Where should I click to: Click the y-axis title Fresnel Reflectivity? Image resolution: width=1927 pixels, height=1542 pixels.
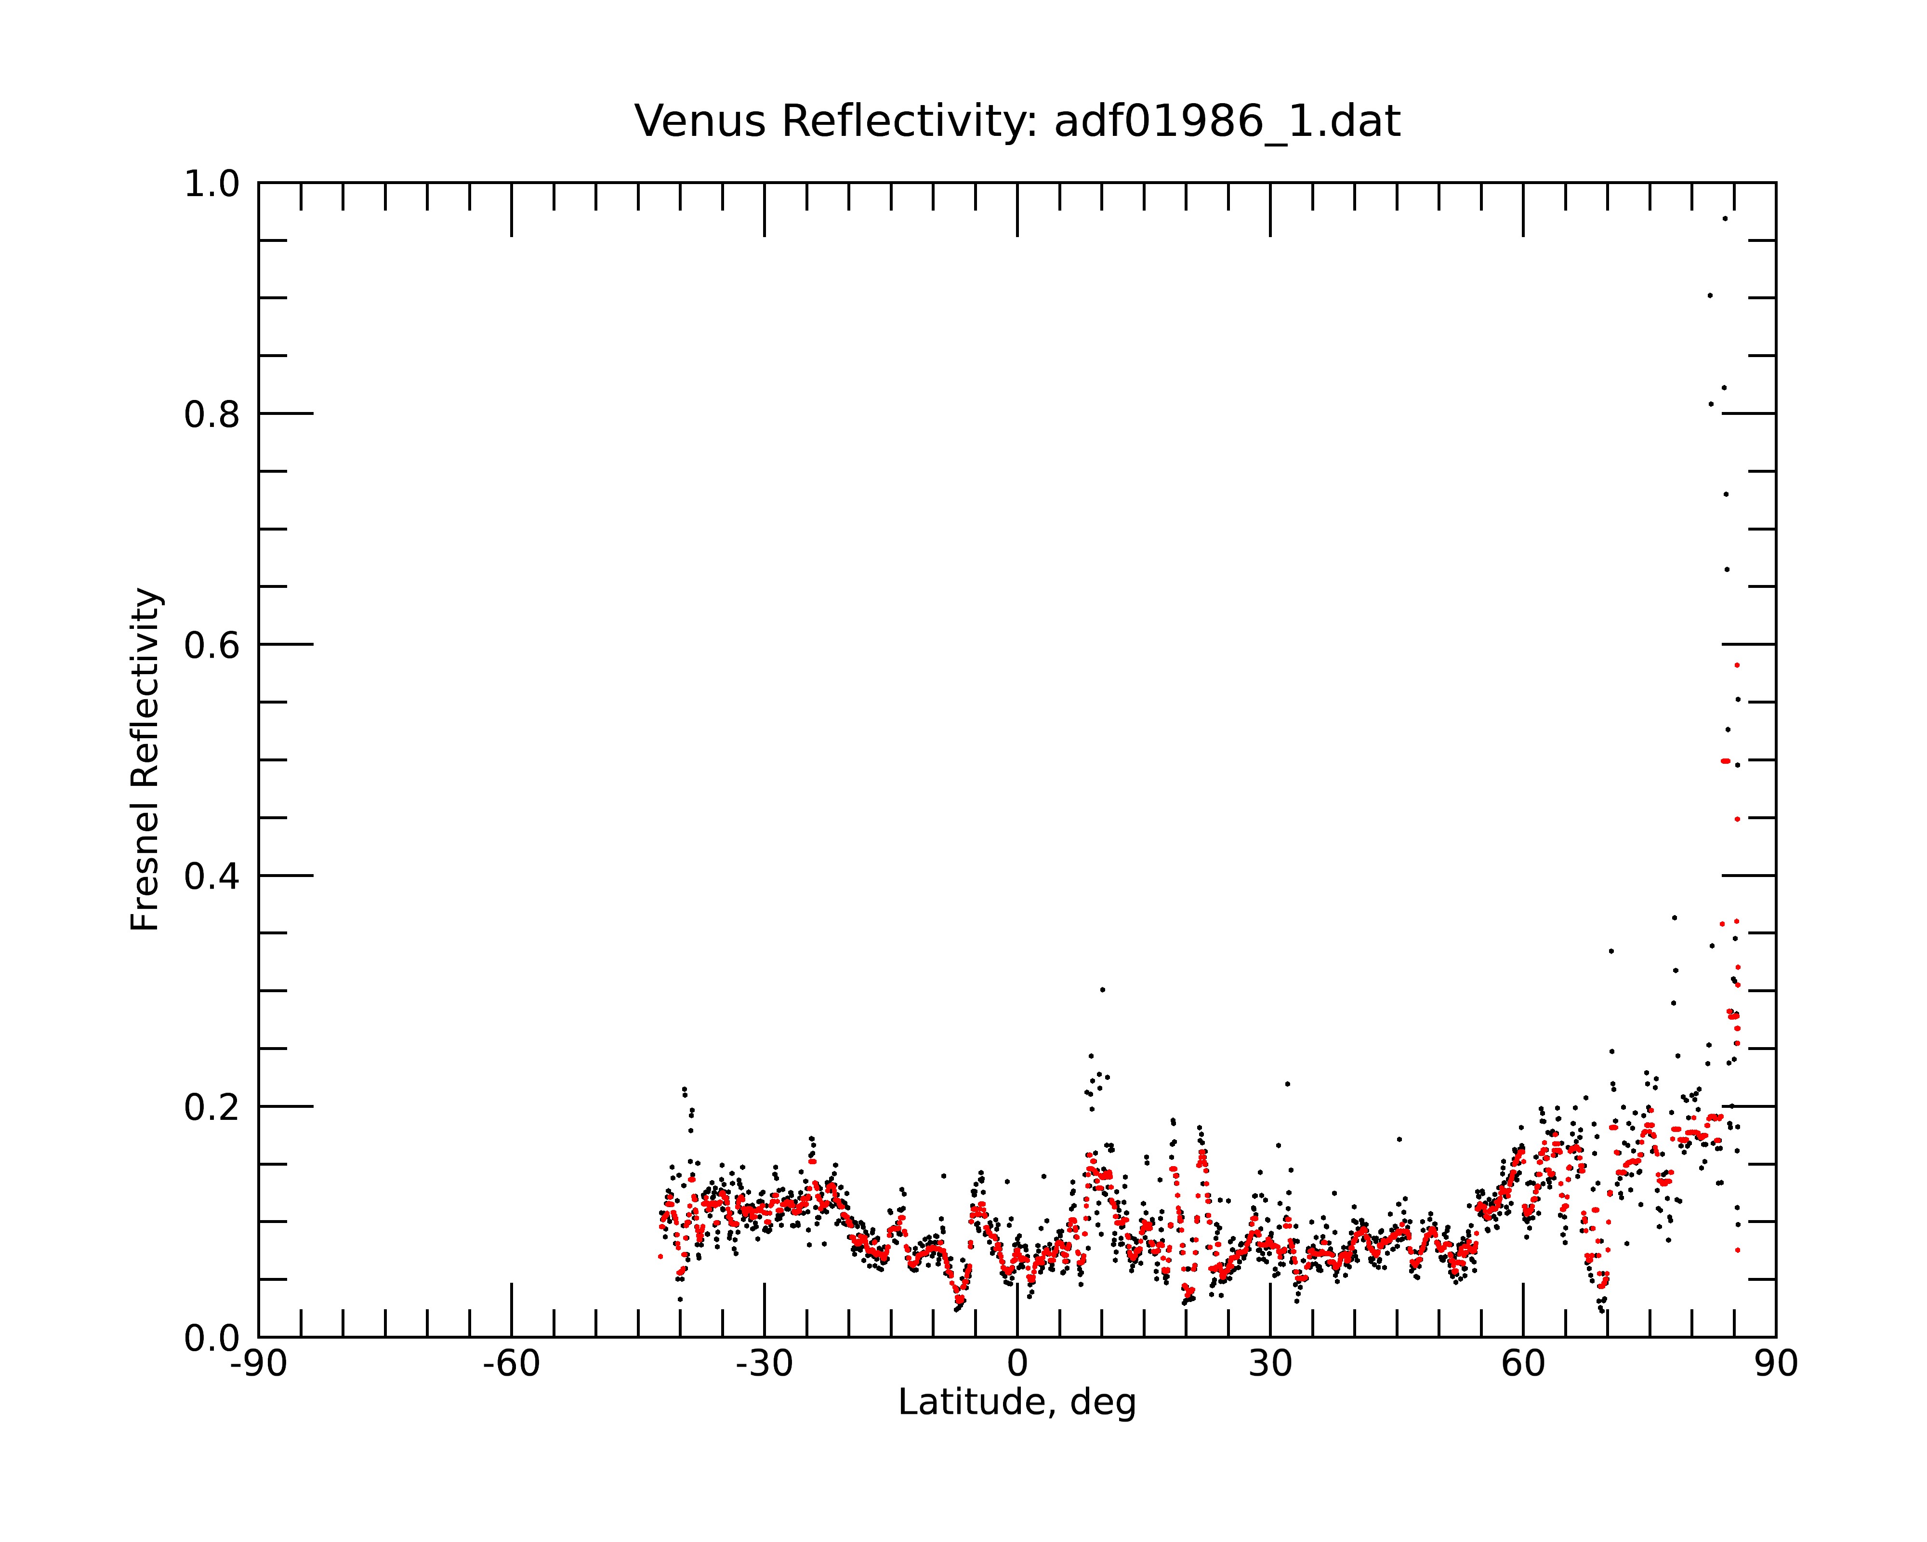145,759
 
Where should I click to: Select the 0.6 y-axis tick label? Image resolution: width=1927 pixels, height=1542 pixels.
212,645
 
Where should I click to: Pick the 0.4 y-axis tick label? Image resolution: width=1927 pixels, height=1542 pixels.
212,876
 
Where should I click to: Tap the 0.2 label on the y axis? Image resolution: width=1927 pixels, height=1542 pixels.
212,1107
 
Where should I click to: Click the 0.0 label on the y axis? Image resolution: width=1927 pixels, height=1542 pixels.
212,1338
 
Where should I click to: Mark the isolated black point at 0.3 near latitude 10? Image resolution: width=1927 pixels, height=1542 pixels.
1102,990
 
